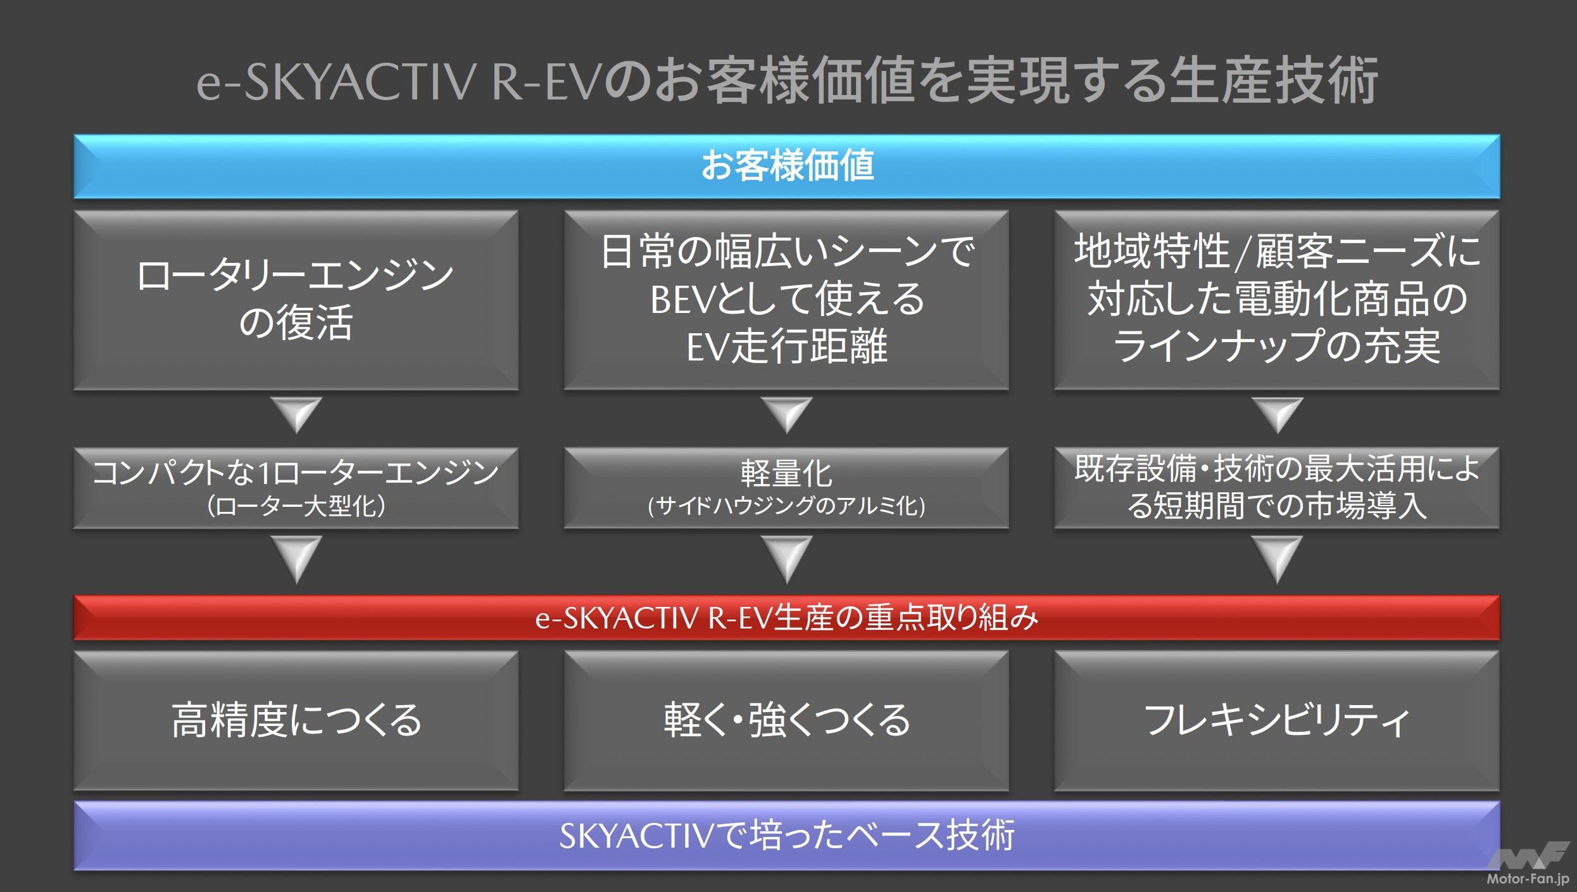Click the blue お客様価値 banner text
coord(787,166)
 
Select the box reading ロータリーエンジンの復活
coord(296,300)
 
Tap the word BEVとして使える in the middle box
coord(787,299)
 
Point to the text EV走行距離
coord(787,347)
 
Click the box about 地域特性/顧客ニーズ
coord(1276,300)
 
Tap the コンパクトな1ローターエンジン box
coord(296,488)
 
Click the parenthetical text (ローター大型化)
coord(296,506)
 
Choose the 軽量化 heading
coord(787,473)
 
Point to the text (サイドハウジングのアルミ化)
coord(787,506)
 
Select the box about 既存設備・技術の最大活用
coord(1276,488)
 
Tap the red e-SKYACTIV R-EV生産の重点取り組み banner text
coord(787,618)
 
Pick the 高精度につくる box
coord(296,720)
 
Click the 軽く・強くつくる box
coord(787,720)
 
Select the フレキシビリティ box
coord(1276,720)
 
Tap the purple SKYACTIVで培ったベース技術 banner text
coord(787,835)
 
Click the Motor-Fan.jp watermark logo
coord(1527,864)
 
